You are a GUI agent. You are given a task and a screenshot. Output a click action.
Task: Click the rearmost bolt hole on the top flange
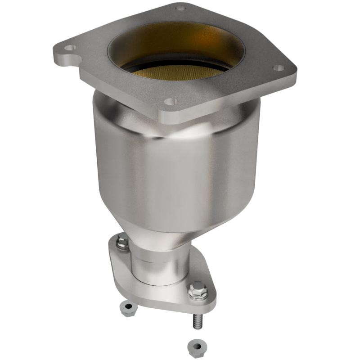coord(180,8)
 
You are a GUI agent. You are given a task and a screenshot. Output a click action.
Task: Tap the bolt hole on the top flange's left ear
coord(70,47)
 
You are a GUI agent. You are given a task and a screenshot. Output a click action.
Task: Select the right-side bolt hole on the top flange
coord(279,68)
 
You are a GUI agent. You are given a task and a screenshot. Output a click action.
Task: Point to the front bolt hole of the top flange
coord(169,102)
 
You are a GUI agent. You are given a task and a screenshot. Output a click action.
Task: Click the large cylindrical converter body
coord(175,171)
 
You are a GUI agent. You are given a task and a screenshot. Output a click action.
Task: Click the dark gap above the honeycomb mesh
coord(175,63)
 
